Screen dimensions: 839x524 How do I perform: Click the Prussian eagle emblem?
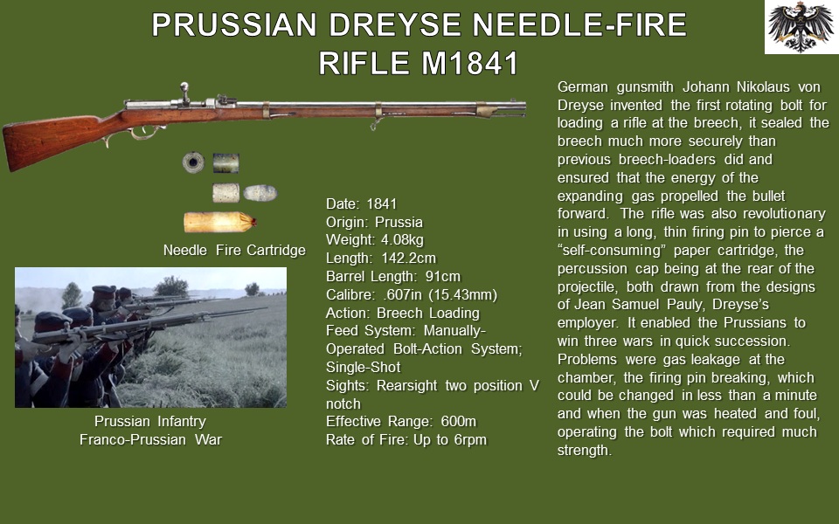801,27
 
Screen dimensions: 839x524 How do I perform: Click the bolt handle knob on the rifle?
184,86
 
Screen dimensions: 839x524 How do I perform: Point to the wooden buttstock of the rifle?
53,139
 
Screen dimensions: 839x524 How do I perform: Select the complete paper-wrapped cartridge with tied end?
220,222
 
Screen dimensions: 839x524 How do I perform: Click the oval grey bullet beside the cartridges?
260,193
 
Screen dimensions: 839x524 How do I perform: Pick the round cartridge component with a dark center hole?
193,162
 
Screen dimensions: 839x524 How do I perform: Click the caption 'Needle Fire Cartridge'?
234,251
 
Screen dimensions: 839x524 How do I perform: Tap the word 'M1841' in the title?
470,63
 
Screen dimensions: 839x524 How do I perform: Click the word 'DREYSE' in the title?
394,25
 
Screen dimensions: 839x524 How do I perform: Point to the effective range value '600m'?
459,421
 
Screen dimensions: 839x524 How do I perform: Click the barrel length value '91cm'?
443,277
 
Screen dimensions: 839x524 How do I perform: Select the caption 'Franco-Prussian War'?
150,439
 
